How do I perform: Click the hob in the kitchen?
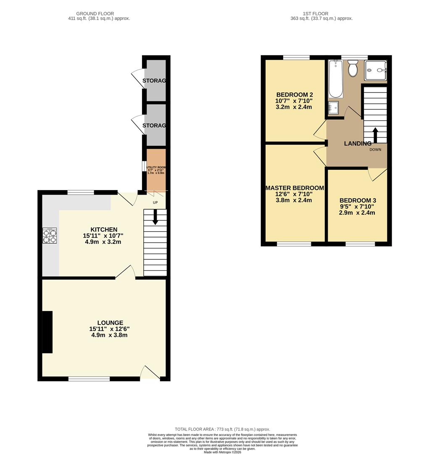pos(50,235)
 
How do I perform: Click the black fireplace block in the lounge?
pos(47,332)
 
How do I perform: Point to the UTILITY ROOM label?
pos(155,167)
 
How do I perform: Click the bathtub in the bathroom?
pos(335,79)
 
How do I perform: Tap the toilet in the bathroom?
pos(353,69)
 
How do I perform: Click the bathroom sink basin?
pos(334,108)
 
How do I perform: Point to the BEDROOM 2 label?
pos(294,95)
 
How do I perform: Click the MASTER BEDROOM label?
pos(294,188)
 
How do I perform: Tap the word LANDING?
pos(358,144)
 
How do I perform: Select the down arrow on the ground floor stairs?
pos(155,217)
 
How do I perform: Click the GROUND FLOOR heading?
pos(97,13)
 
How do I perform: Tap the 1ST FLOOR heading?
pos(321,13)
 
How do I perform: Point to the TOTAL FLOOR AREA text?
pos(222,429)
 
